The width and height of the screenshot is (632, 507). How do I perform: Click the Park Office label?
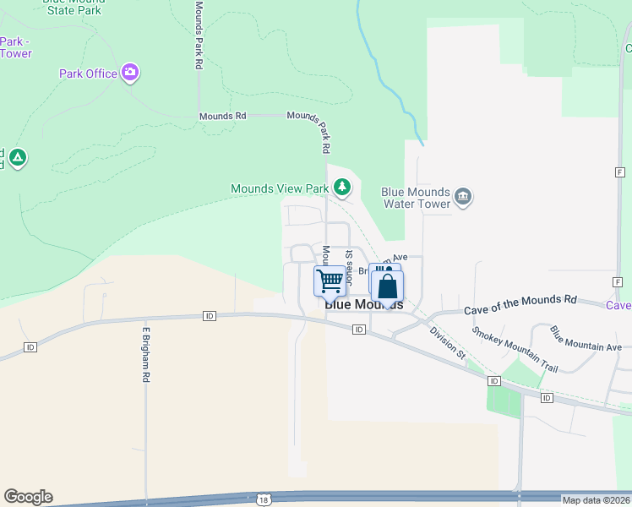88,74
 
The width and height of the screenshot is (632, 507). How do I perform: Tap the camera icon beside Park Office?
130,73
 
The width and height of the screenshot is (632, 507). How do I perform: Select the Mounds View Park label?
280,188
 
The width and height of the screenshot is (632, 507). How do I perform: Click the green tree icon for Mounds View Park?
342,186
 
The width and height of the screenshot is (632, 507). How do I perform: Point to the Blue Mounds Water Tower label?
414,197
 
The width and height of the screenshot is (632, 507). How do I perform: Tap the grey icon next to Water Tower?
462,197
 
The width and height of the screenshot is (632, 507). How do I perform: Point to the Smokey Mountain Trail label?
515,350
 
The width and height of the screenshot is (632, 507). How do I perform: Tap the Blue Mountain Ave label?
586,341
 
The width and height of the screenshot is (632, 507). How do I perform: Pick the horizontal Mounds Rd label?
222,116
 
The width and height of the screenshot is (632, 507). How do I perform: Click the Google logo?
28,497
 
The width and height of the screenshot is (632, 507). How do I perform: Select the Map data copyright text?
597,500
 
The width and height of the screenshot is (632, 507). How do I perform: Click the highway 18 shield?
264,499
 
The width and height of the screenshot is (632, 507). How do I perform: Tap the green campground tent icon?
18,157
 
